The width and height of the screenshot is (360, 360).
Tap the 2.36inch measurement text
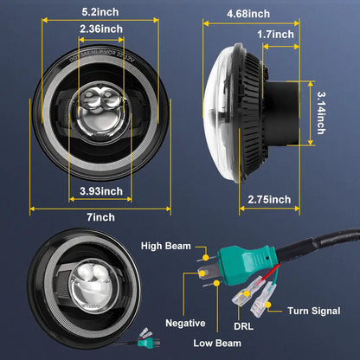[100, 29]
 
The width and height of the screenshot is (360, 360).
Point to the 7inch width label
[100, 216]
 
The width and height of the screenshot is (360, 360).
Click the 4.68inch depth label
[247, 14]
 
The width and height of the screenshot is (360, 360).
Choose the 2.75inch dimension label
[267, 200]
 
